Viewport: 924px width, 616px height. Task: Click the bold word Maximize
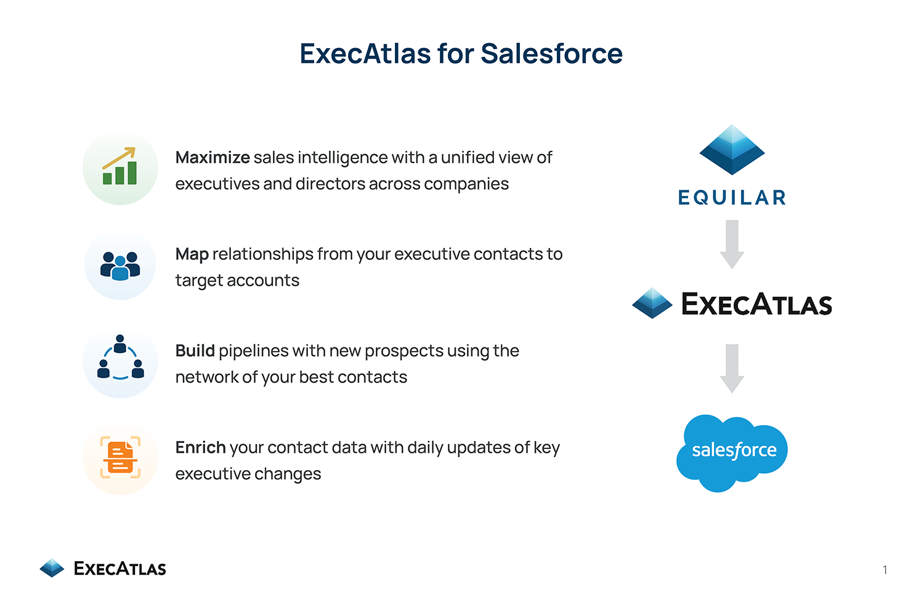[x=213, y=157]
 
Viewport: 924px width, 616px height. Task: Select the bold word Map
[x=192, y=254]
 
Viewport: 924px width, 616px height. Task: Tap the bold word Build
[x=195, y=351]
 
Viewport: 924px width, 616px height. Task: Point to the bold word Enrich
[x=200, y=447]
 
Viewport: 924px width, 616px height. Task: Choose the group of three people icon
[x=120, y=266]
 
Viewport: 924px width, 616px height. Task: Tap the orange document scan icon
[x=120, y=457]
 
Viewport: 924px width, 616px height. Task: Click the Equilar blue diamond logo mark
[x=732, y=150]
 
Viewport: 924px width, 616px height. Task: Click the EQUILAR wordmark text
[x=732, y=197]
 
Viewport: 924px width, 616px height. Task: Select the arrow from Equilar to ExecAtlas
[x=732, y=245]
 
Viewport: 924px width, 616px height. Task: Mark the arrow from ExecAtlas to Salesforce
[x=732, y=368]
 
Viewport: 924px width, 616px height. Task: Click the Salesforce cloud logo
[x=732, y=453]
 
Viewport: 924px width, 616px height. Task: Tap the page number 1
[x=885, y=570]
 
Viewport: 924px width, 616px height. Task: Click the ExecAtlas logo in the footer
[x=103, y=568]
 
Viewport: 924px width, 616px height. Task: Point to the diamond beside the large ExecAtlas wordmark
[x=652, y=303]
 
